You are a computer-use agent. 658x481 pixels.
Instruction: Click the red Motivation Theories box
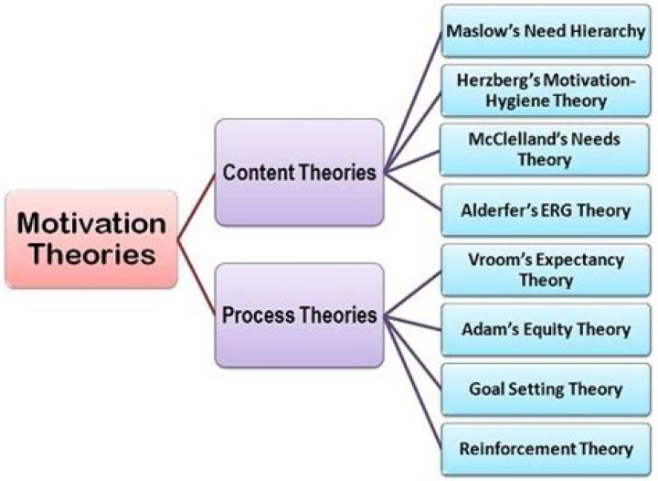coord(90,239)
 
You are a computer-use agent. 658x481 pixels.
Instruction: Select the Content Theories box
coord(300,172)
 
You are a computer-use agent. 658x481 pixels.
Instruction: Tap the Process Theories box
coord(300,315)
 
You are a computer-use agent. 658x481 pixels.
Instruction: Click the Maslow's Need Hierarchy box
coord(545,30)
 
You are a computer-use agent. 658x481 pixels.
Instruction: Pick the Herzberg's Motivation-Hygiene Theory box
coord(545,90)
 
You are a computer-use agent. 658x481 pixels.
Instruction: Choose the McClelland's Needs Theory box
coord(545,150)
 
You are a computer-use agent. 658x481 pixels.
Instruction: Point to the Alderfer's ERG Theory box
coord(545,210)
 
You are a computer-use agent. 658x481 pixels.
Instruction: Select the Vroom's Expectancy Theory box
coord(545,270)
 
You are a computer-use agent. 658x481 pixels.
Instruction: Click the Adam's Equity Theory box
coord(545,329)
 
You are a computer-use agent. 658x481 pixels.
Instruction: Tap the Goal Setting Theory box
coord(545,389)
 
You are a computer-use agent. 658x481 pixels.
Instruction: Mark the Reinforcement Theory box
coord(545,449)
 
